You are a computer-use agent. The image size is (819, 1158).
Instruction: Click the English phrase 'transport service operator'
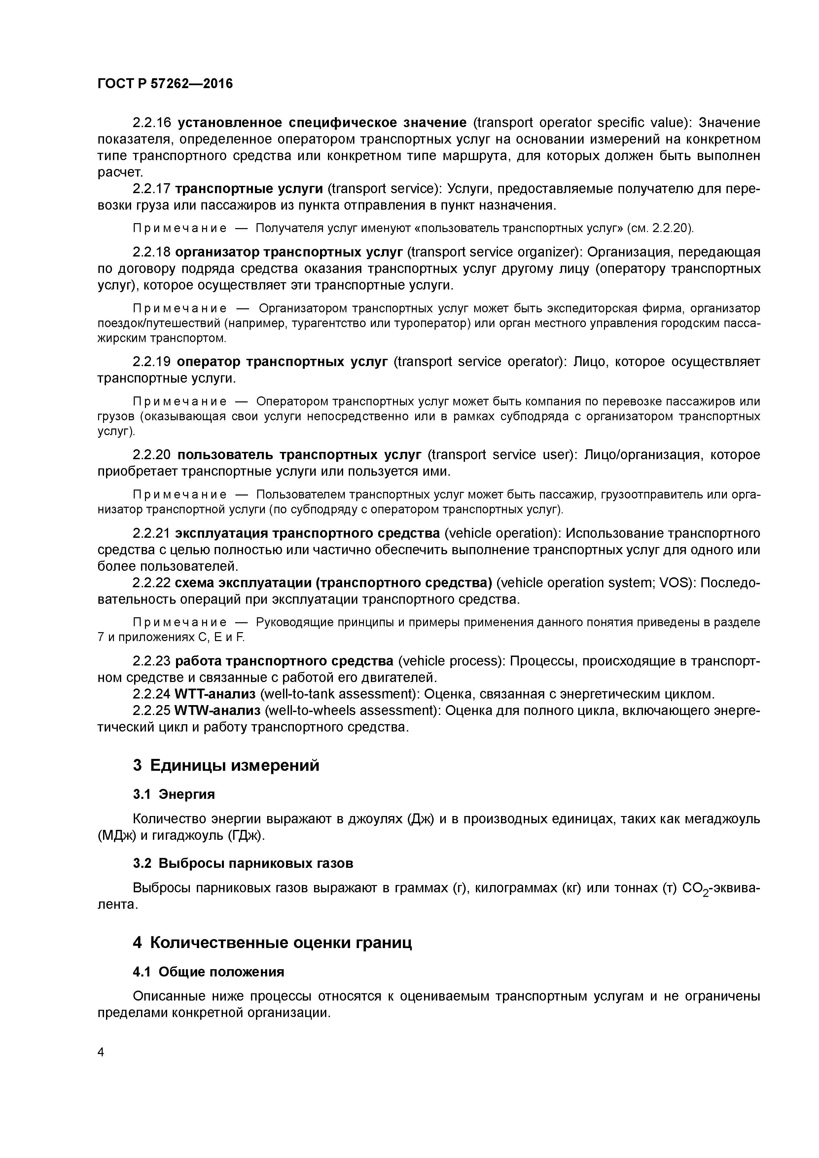pos(480,361)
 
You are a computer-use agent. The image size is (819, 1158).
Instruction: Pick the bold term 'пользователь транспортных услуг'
pos(299,455)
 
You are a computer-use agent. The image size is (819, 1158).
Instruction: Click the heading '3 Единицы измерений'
pos(226,766)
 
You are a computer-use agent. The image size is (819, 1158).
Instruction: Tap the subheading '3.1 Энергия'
pos(174,794)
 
